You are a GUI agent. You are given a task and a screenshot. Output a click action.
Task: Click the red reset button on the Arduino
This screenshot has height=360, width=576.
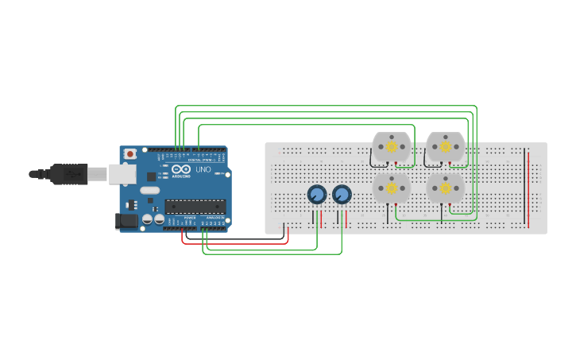(x=130, y=154)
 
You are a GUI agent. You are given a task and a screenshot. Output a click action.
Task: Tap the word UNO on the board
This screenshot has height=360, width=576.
(x=203, y=169)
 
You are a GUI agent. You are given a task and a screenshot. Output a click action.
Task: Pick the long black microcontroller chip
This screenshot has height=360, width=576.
(x=195, y=207)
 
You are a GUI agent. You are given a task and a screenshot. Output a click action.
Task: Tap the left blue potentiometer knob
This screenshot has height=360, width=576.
(x=316, y=195)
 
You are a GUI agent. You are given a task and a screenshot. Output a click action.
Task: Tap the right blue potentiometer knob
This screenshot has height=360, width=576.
(x=342, y=194)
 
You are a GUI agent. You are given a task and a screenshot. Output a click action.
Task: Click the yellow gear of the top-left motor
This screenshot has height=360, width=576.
(x=392, y=147)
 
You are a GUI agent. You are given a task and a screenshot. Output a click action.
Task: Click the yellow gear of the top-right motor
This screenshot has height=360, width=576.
(x=446, y=147)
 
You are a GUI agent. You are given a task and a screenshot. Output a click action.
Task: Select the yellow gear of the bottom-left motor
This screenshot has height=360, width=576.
(x=392, y=188)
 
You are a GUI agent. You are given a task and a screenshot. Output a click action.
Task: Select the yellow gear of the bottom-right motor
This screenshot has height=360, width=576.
(x=446, y=188)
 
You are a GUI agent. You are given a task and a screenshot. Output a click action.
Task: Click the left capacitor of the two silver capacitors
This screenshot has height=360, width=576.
(x=148, y=219)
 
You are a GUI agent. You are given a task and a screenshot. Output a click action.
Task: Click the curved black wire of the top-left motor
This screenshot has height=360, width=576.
(x=372, y=159)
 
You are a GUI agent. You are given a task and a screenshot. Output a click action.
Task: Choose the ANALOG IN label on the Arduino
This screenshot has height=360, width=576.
(x=215, y=217)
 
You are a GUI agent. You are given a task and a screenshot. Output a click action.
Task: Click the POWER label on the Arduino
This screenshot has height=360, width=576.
(x=190, y=217)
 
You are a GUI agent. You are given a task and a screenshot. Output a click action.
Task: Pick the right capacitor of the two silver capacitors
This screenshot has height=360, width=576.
(x=159, y=219)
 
